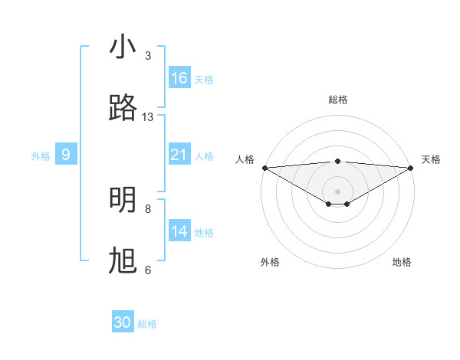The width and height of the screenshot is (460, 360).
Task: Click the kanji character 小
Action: pyautogui.click(x=123, y=47)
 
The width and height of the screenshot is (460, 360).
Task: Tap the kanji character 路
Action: pyautogui.click(x=123, y=109)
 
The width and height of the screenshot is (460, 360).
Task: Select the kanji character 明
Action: pyautogui.click(x=123, y=200)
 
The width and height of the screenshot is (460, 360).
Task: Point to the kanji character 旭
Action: pyautogui.click(x=123, y=261)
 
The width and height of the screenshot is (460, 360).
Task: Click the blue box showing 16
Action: pyautogui.click(x=179, y=78)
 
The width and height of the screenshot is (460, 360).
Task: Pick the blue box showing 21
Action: pyautogui.click(x=179, y=155)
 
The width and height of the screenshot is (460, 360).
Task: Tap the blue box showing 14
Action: pyautogui.click(x=179, y=231)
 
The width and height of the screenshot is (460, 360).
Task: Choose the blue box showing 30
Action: pyautogui.click(x=123, y=323)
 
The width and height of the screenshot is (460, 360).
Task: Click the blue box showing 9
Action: pyautogui.click(x=66, y=155)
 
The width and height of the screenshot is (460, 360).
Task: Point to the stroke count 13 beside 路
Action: pyautogui.click(x=148, y=117)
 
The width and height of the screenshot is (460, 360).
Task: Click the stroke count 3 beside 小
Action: pyautogui.click(x=148, y=56)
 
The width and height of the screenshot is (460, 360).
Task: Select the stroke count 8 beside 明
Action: pyautogui.click(x=148, y=208)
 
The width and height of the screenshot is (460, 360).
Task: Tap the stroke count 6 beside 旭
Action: pyautogui.click(x=148, y=270)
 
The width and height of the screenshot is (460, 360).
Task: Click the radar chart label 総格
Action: pyautogui.click(x=338, y=100)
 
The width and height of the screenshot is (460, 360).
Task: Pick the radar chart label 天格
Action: pyautogui.click(x=432, y=159)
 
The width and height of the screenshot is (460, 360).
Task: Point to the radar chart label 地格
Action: pyautogui.click(x=402, y=262)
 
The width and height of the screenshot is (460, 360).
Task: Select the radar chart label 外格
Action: pyautogui.click(x=270, y=262)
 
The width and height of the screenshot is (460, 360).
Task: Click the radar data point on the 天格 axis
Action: pyautogui.click(x=412, y=168)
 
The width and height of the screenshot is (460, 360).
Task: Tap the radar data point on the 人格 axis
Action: pyautogui.click(x=264, y=168)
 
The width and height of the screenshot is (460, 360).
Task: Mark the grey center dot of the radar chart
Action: pyautogui.click(x=338, y=191)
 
